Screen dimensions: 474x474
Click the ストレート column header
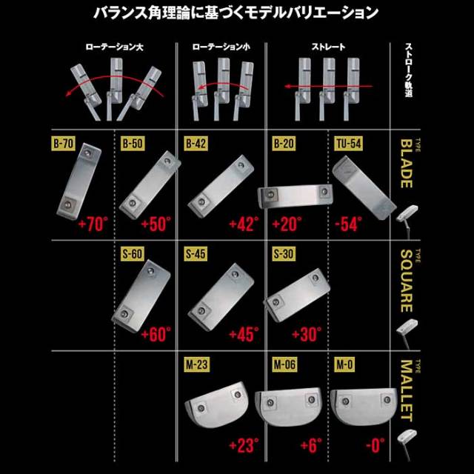pyautogui.click(x=328, y=47)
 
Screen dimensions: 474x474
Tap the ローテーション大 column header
pyautogui.click(x=111, y=47)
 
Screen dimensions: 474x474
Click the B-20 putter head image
pyautogui.click(x=295, y=196)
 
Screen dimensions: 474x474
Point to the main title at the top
pyautogui.click(x=237, y=13)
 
